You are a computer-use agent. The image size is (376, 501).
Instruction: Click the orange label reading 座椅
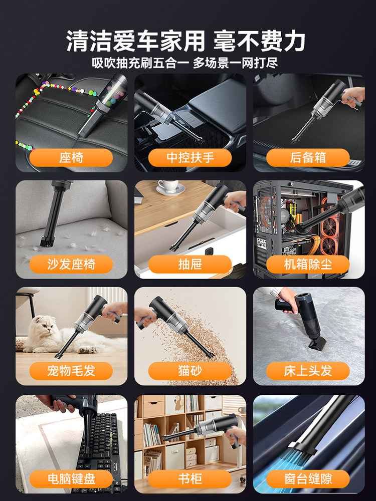coord(71,158)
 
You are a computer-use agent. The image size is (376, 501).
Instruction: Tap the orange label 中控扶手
coord(190,158)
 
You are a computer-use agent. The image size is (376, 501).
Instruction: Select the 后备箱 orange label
coord(308,158)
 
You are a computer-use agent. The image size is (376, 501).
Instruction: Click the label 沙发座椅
coord(71,264)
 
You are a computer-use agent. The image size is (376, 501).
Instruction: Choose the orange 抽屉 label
coord(190,264)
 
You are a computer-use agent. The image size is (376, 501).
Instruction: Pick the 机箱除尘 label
coord(308,264)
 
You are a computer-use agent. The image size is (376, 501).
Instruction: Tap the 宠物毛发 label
coord(71,371)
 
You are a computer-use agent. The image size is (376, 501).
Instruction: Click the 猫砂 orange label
coord(190,371)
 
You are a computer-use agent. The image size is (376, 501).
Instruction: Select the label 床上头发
coord(308,371)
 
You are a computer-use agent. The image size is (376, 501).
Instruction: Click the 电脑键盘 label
coord(71,478)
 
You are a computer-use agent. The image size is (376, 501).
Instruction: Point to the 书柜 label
coord(190,478)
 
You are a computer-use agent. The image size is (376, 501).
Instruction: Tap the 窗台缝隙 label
coord(308,478)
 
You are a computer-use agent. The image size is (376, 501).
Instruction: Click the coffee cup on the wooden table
coord(167,186)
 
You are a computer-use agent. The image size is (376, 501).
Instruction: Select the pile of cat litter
coord(201,341)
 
